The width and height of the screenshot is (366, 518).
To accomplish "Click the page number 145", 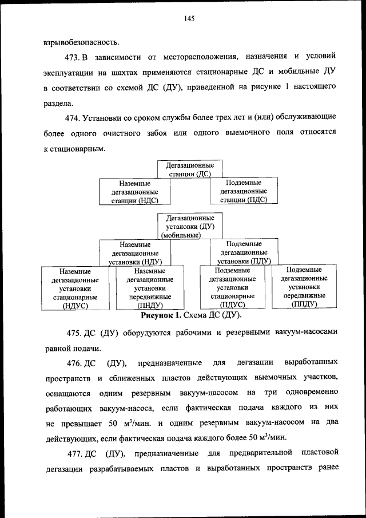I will [189, 18].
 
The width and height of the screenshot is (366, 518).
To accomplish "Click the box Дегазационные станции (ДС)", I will [190, 169].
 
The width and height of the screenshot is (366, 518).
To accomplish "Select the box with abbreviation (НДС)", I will [136, 192].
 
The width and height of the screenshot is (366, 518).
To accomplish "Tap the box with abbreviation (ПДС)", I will [244, 191].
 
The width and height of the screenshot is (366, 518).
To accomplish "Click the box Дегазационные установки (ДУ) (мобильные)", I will [190, 226].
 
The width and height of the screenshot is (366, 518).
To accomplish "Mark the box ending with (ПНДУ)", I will [150, 288].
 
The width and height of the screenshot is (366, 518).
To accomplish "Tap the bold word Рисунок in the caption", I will [161, 315].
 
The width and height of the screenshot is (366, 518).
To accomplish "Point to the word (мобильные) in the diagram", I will [181, 235].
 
